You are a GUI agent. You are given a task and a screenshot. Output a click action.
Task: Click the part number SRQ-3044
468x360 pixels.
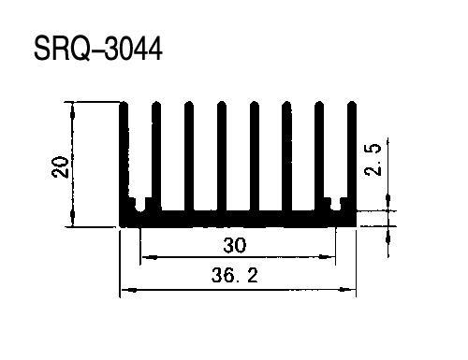tap(98, 49)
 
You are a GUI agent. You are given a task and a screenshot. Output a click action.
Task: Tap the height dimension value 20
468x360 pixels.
tap(60, 167)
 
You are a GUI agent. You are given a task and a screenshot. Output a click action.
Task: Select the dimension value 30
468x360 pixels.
tap(235, 245)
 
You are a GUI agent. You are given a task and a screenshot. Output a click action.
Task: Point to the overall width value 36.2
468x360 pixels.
tap(235, 276)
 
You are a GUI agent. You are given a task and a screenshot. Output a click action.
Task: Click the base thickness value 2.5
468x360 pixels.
tap(373, 160)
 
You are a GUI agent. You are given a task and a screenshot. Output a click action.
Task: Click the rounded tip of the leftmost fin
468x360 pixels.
tap(124, 104)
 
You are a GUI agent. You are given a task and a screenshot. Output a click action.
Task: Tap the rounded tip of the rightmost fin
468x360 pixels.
tap(352, 104)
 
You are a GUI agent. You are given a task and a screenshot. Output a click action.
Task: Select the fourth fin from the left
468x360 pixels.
tap(222, 156)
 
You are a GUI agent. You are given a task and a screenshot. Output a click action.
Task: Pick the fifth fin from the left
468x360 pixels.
tap(255, 156)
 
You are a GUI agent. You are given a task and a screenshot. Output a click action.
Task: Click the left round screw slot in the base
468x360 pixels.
tap(139, 206)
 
